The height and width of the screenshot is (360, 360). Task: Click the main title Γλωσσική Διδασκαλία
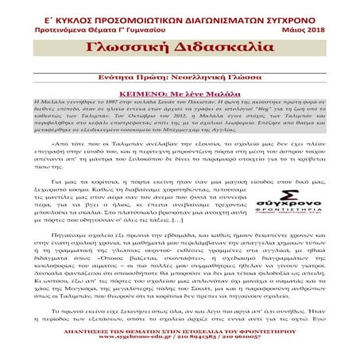[x=180, y=48]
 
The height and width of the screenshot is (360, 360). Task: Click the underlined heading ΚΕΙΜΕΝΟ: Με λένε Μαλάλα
[x=180, y=92]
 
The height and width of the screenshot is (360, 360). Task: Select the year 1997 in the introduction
[x=93, y=103]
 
